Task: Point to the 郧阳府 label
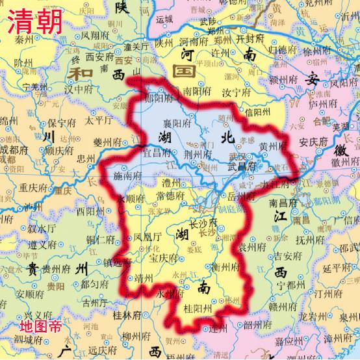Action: (x=159, y=99)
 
